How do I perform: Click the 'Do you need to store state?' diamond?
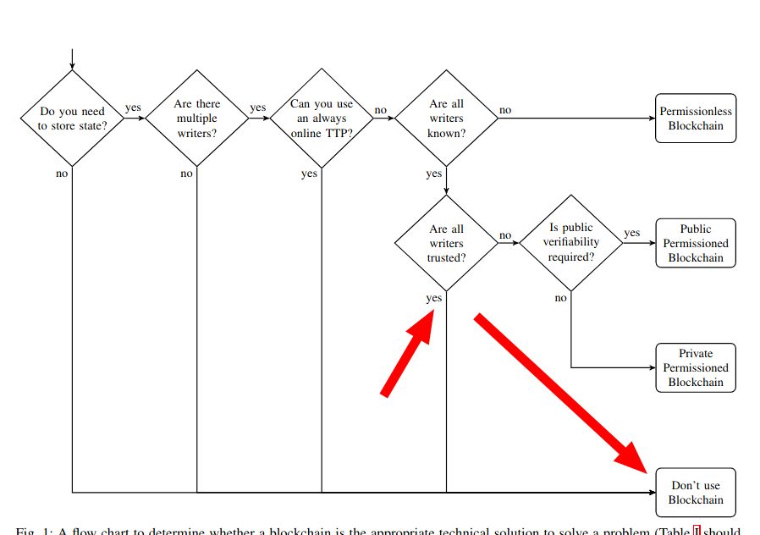click(72, 119)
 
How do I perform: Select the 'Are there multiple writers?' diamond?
click(196, 119)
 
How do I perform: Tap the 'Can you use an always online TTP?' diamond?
click(322, 119)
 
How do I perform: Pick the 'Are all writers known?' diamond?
click(446, 119)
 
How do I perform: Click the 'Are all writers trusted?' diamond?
click(446, 243)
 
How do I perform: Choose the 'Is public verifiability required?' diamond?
click(571, 243)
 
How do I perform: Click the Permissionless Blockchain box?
click(696, 119)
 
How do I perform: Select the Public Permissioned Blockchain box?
click(696, 243)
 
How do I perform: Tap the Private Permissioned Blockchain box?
click(696, 367)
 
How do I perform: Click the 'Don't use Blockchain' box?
click(696, 493)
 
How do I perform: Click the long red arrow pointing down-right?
click(563, 393)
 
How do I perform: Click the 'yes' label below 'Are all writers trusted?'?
click(434, 298)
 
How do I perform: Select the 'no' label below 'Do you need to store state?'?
click(62, 174)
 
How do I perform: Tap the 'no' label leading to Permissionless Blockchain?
click(505, 110)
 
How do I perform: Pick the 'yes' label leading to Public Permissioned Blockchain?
click(632, 233)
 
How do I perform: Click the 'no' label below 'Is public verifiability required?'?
click(561, 298)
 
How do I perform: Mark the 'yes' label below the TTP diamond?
click(309, 174)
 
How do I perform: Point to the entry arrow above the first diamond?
click(72, 59)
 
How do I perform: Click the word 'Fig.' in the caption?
click(25, 531)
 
